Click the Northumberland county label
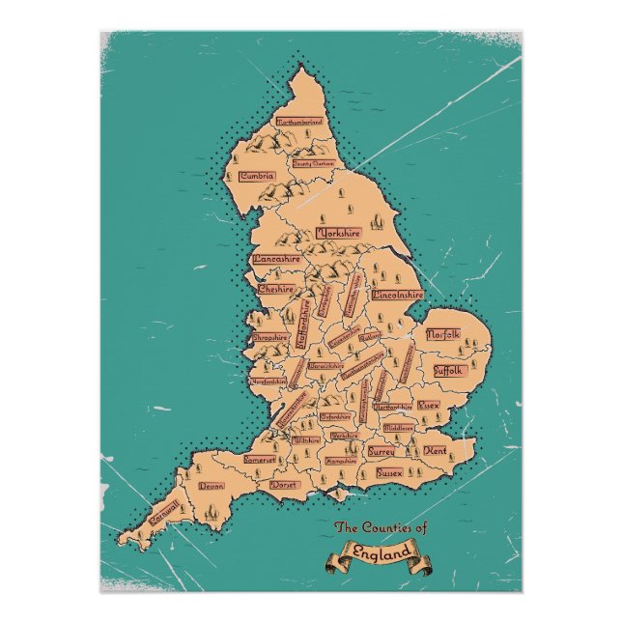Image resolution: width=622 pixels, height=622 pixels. [x=299, y=123]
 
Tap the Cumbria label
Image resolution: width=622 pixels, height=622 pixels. [x=259, y=176]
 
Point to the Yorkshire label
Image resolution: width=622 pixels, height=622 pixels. [x=338, y=234]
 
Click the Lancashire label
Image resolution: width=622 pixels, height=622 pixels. [x=277, y=259]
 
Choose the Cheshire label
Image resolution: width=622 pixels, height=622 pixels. [x=276, y=288]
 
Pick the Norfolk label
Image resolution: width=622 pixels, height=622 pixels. [x=444, y=334]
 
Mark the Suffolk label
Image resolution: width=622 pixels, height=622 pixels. [x=449, y=370]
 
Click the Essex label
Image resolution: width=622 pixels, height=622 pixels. [x=428, y=405]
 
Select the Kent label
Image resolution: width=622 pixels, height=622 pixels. [x=436, y=451]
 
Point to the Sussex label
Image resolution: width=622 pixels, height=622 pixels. [x=389, y=474]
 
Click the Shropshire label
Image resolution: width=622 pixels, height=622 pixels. [x=270, y=338]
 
